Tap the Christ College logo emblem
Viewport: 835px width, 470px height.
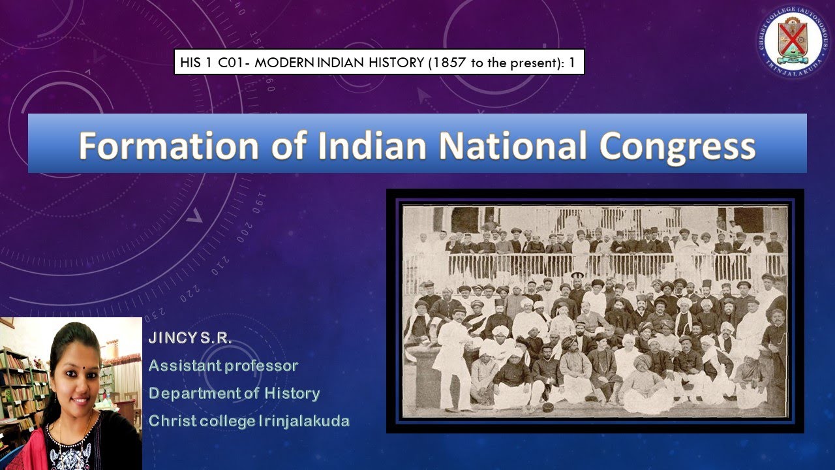pos(793,40)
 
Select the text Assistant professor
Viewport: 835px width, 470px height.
pos(223,366)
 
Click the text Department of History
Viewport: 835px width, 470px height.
pos(234,394)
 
